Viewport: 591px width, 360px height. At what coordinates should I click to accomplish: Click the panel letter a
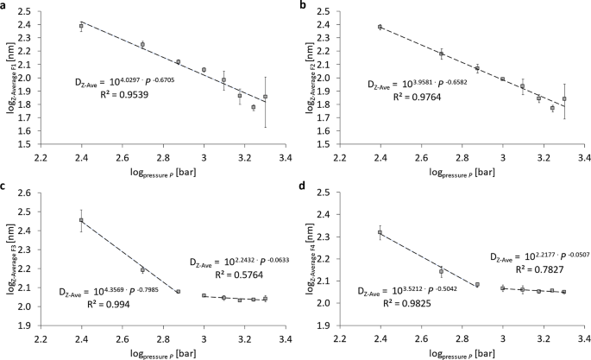(x=5, y=6)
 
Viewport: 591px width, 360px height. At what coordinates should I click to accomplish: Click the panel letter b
(x=302, y=6)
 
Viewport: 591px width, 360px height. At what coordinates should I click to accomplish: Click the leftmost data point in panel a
(x=81, y=26)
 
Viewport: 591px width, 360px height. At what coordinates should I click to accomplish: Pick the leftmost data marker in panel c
(x=81, y=220)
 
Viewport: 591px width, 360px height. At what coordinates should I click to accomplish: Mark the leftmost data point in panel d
(x=380, y=231)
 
